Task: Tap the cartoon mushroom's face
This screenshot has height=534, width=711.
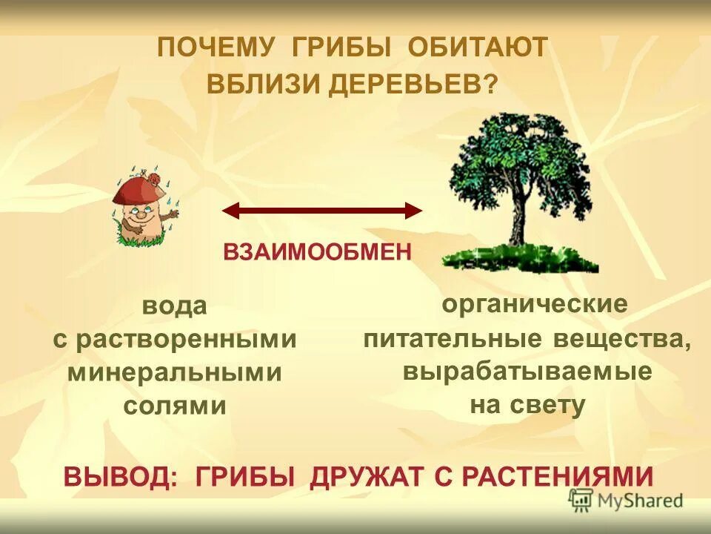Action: pyautogui.click(x=141, y=216)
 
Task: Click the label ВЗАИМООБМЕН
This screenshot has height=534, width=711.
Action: pyautogui.click(x=317, y=252)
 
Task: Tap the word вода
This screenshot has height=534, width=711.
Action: pyautogui.click(x=174, y=306)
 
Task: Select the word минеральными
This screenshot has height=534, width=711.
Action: pyautogui.click(x=175, y=372)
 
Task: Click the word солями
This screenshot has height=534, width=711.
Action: pyautogui.click(x=175, y=406)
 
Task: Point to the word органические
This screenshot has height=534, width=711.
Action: pyautogui.click(x=534, y=304)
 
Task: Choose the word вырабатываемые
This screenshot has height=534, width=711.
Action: pyautogui.click(x=527, y=371)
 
